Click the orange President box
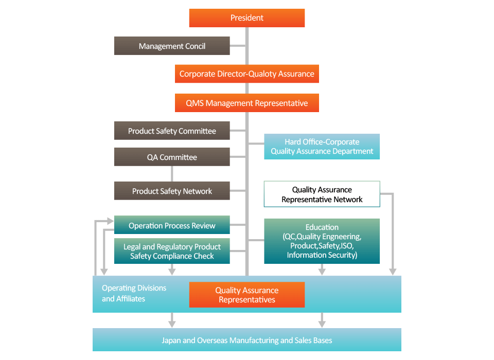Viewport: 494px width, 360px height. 247,18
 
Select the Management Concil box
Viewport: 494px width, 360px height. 172,46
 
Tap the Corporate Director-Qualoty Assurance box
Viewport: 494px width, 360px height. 247,74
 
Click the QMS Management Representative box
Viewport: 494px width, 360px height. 247,103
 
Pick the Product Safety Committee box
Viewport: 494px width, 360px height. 172,131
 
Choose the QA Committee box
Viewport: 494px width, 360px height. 172,157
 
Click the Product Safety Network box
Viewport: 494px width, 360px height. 172,191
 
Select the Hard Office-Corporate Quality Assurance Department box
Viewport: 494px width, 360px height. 322,147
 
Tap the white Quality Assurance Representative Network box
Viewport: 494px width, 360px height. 322,194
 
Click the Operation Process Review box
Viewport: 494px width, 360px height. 172,225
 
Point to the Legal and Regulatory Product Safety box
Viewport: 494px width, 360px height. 172,251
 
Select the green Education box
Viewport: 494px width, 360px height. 322,241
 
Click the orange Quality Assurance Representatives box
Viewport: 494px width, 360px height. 247,295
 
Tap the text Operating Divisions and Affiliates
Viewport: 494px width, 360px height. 134,293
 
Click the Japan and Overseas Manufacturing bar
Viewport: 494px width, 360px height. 247,340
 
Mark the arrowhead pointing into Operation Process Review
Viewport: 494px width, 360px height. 110,221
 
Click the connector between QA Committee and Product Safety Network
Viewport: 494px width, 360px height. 172,174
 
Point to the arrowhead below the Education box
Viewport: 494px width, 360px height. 322,271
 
